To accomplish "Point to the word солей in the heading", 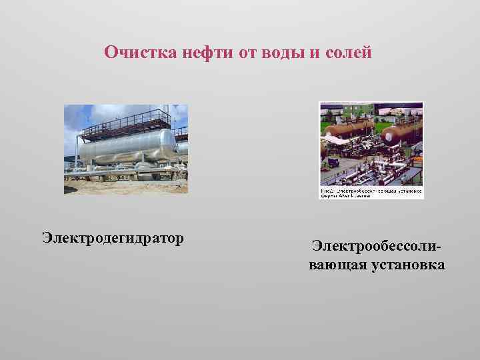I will [347, 52].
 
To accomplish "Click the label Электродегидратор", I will [113, 237].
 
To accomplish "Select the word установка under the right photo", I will [409, 265].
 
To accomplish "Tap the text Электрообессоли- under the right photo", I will [377, 247].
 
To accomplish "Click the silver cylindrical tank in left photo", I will [127, 147].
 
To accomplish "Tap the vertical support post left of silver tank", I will [81, 150].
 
